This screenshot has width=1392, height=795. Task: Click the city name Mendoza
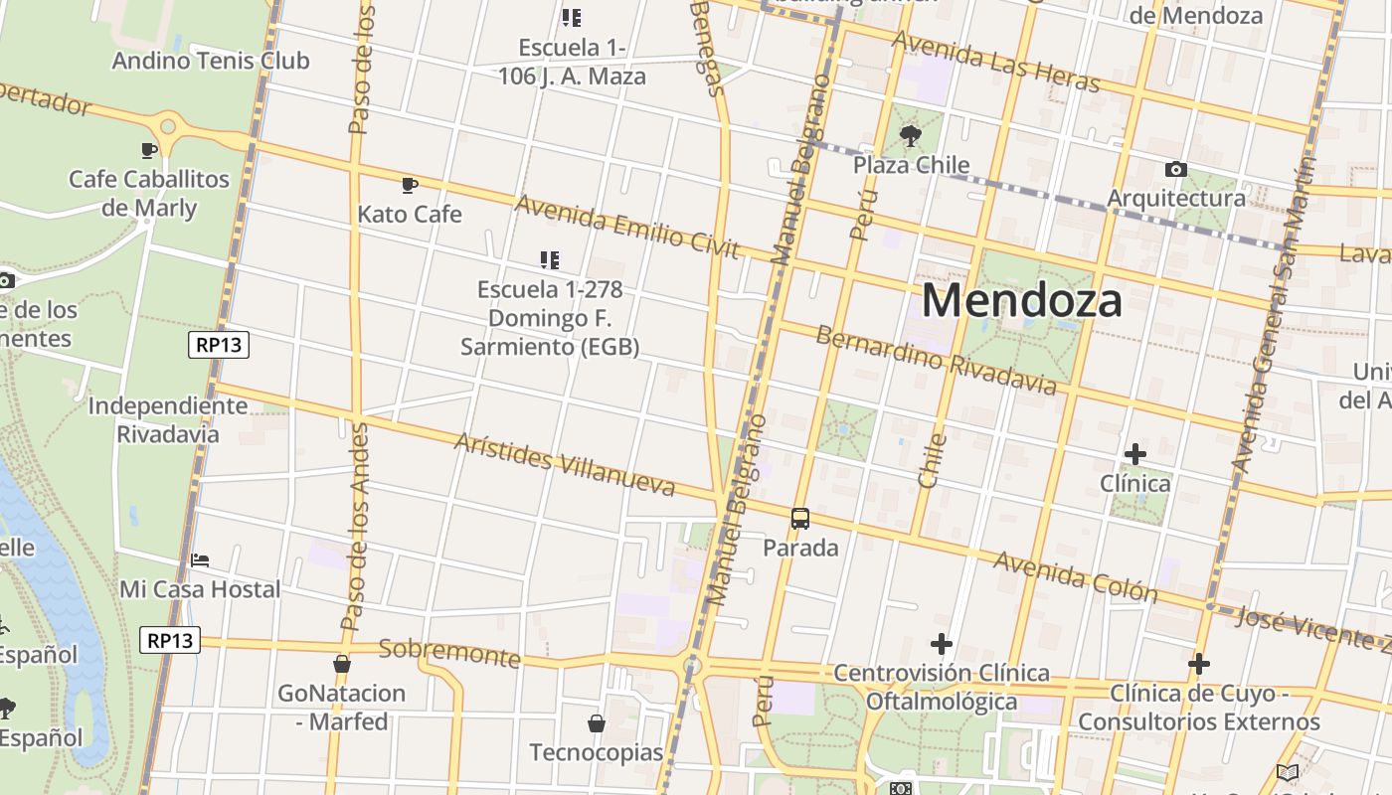[1022, 300]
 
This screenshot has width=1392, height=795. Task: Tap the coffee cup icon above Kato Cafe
[409, 185]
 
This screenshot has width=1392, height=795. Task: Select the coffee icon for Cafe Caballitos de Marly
[148, 150]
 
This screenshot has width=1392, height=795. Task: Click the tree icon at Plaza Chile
[910, 136]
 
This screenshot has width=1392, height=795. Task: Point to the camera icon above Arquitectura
[1175, 170]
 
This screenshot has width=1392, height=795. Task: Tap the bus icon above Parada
[800, 519]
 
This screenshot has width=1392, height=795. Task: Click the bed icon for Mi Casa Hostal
[200, 560]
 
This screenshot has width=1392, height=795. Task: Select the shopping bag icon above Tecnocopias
[597, 723]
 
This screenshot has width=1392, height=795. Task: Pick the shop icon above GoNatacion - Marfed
[342, 664]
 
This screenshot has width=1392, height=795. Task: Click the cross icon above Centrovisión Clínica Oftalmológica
[942, 644]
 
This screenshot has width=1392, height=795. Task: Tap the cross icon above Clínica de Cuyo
[1199, 664]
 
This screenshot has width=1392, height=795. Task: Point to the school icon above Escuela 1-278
[549, 260]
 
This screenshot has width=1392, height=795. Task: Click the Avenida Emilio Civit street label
[627, 226]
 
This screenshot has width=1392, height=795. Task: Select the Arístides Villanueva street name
[564, 464]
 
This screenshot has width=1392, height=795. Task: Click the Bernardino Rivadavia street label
[936, 359]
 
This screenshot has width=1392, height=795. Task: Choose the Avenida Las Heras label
[995, 61]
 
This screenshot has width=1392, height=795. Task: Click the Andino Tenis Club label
[211, 61]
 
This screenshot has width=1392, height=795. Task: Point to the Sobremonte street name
[449, 653]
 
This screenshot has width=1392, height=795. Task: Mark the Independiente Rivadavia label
[168, 419]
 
